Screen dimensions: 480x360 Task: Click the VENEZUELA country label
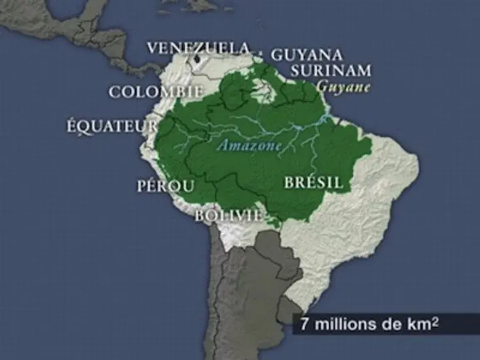[199, 47]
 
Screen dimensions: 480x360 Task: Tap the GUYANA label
[306, 54]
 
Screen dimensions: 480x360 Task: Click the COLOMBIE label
[156, 92]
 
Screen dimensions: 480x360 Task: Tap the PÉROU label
[166, 186]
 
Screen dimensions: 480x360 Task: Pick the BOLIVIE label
[228, 215]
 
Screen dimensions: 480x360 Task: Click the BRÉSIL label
[313, 183]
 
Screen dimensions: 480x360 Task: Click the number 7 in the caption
[305, 324]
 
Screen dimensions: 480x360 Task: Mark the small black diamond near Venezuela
[197, 60]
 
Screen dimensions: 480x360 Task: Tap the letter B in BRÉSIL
[289, 183]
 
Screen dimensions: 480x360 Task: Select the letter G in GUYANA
[276, 54]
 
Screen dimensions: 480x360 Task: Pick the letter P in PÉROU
[142, 186]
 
